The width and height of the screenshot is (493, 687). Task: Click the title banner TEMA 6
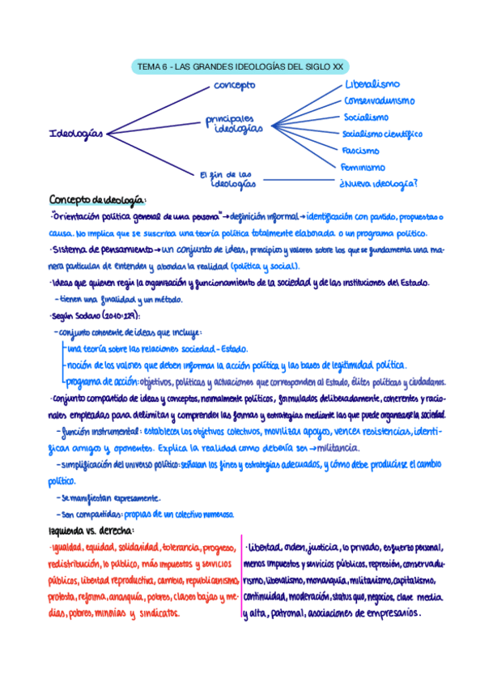240,67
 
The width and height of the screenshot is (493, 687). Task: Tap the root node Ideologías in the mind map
76,134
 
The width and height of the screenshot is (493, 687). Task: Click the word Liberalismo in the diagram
372,84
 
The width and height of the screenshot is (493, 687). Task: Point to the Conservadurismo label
379,101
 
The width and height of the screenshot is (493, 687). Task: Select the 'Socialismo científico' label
381,134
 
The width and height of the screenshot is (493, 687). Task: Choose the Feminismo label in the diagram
363,167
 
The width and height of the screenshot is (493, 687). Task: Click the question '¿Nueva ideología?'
379,183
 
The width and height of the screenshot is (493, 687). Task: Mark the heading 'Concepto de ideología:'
98,200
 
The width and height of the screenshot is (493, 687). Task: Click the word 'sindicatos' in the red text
159,613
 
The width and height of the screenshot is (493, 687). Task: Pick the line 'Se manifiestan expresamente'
110,497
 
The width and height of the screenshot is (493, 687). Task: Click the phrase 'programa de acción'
100,382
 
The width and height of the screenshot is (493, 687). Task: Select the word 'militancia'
335,448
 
